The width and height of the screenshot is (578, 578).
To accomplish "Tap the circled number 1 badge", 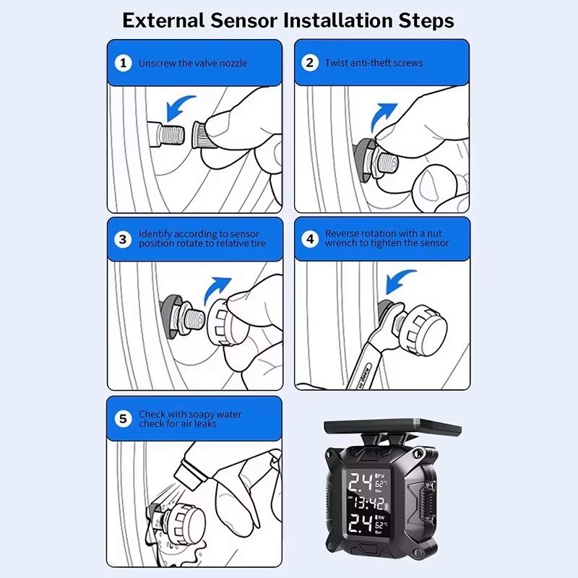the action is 124,63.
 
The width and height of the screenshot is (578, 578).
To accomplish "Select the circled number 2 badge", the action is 310,63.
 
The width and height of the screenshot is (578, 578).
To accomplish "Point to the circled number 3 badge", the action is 123,240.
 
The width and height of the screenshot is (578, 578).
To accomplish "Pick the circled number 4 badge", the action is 311,239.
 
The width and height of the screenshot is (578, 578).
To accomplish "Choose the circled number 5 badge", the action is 123,419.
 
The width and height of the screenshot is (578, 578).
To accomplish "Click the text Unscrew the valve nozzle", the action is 193,64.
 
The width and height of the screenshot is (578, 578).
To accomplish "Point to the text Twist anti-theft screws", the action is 374,63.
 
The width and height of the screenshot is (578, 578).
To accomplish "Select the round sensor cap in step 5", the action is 184,522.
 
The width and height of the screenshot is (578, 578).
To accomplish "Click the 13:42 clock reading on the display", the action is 368,503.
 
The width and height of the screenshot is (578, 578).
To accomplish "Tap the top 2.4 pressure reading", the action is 361,482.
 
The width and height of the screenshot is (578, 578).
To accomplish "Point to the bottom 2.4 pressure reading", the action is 361,522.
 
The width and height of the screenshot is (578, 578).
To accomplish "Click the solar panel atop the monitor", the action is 392,426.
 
